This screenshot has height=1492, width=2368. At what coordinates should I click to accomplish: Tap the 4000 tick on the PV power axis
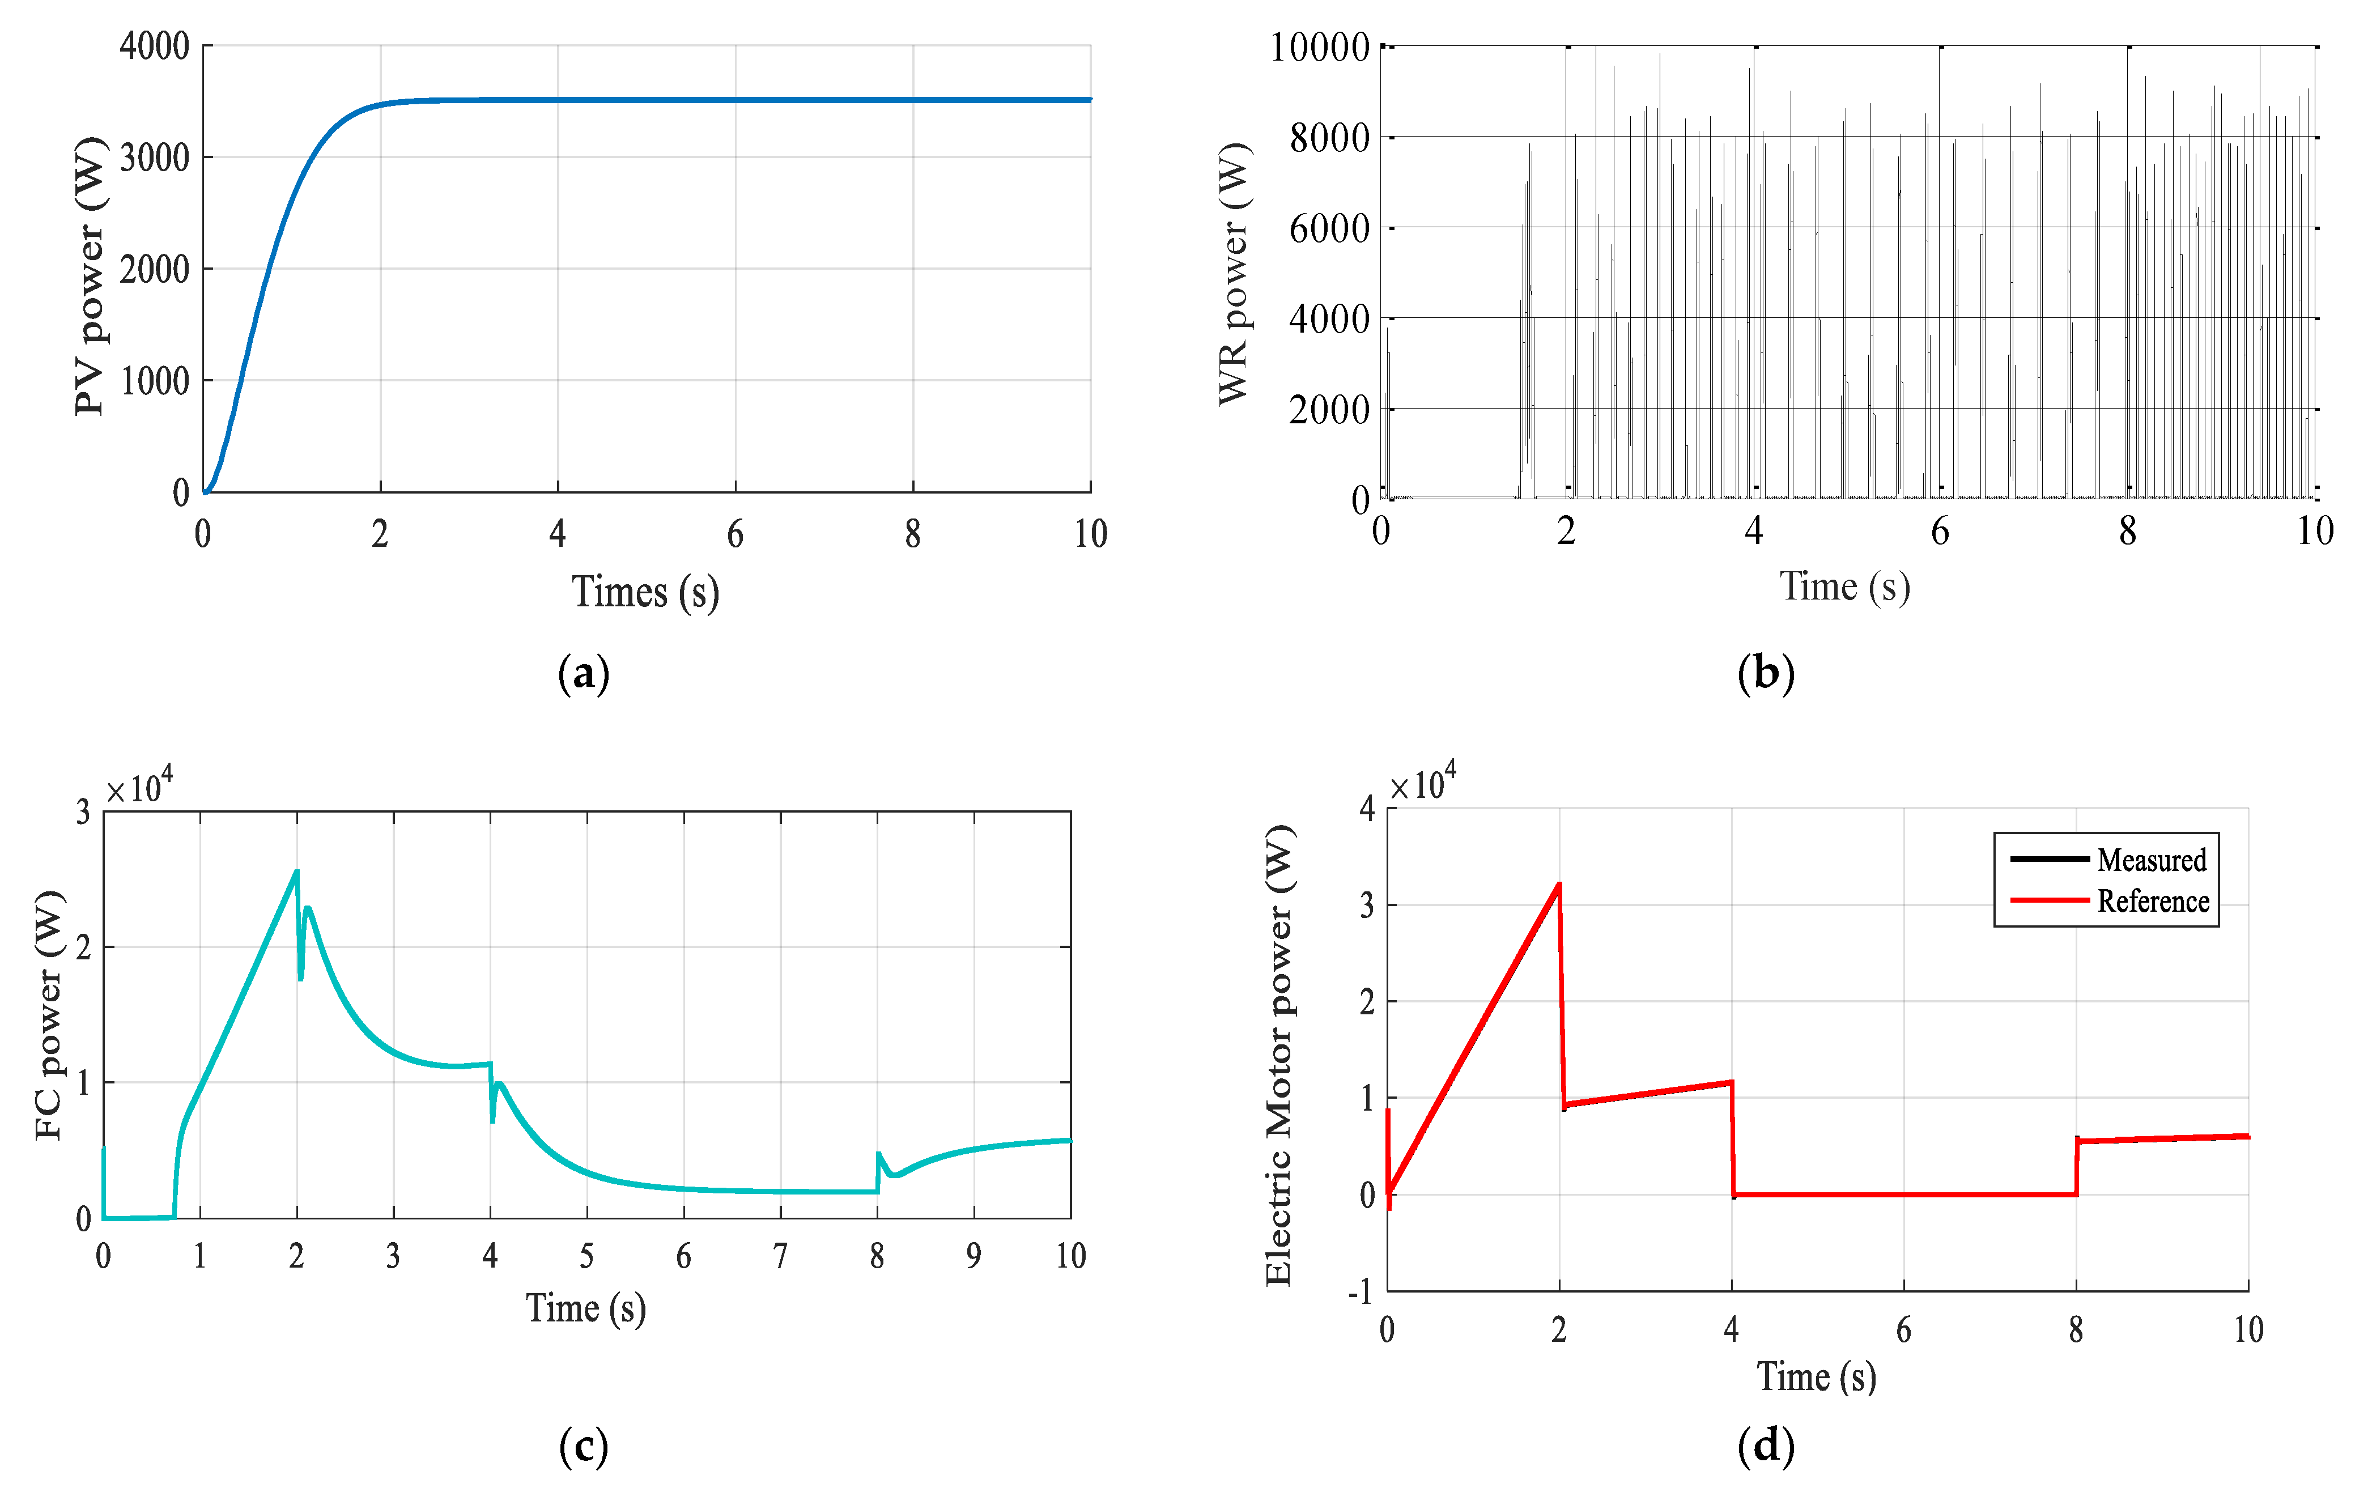tap(154, 46)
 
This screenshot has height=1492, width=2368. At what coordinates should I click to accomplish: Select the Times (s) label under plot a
tap(645, 592)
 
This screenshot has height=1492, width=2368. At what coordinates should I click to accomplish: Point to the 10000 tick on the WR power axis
tap(1320, 47)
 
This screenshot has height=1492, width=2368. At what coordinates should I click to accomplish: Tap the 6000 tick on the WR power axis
tap(1329, 228)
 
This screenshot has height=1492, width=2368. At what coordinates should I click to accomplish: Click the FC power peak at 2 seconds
tap(296, 872)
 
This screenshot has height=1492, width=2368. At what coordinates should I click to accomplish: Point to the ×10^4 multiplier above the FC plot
tap(139, 788)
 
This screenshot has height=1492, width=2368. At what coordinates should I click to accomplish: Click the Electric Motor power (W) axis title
tap(1278, 1055)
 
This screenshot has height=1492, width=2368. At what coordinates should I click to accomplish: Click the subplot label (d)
tap(1766, 1446)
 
